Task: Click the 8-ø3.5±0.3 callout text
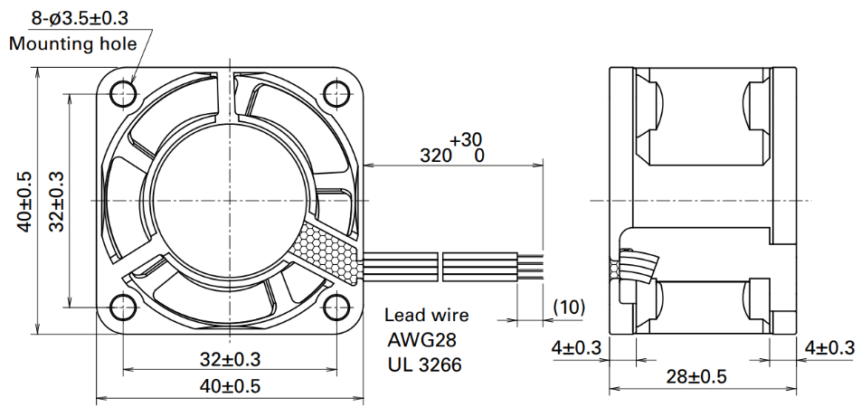[80, 18]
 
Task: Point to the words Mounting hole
[72, 43]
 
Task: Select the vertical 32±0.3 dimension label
[56, 201]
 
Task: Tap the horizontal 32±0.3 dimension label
[230, 360]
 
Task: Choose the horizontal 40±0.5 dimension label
[230, 386]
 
